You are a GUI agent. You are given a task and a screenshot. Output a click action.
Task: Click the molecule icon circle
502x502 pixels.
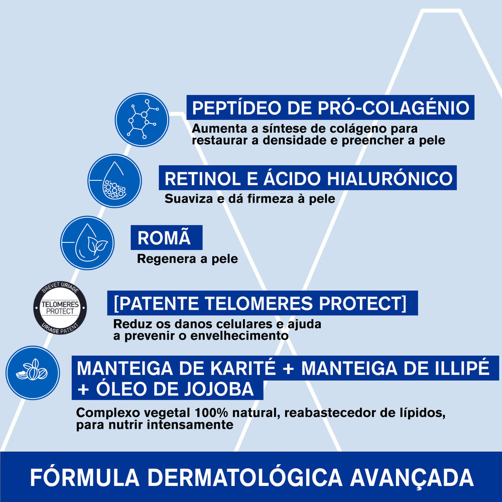[142, 120]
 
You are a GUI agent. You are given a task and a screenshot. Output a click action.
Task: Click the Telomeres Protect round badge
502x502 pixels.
[60, 308]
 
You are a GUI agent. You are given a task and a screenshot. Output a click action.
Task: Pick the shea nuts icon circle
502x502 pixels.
[33, 372]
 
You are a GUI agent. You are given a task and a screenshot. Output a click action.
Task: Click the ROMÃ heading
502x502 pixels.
[164, 238]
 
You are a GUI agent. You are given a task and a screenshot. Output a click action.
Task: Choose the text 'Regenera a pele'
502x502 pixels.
[187, 260]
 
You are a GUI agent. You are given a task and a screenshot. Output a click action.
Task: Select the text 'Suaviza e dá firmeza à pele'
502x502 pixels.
[249, 199]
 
